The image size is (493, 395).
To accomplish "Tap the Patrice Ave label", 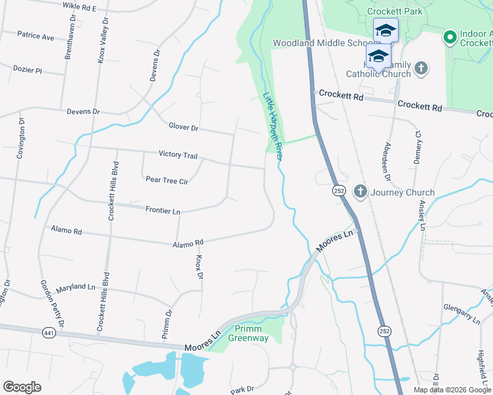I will [36, 37].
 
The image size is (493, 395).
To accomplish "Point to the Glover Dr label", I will [183, 127].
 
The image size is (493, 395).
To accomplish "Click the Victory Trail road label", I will [178, 155].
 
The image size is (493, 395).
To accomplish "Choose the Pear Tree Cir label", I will [167, 180].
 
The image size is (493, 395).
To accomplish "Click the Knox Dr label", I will [198, 267].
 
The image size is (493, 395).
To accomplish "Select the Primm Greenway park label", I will [248, 334].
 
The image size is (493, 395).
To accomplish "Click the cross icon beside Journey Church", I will [360, 192].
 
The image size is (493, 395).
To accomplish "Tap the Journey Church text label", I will [402, 193].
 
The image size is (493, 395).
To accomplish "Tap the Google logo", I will [22, 387].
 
